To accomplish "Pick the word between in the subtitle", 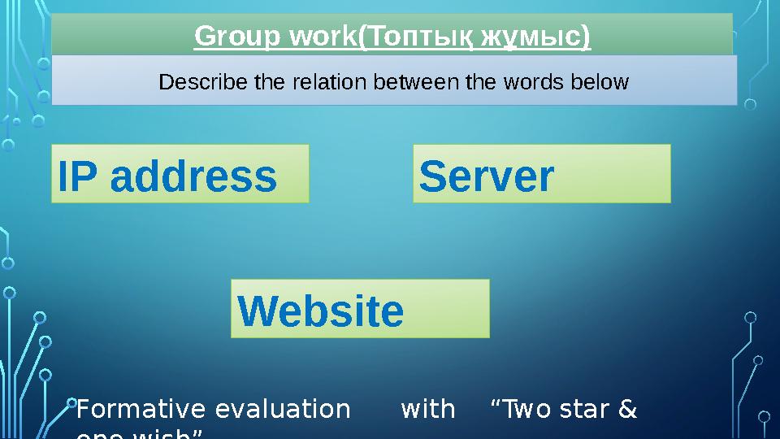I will click(x=395, y=82).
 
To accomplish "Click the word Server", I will click(x=486, y=176).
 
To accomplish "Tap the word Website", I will click(x=320, y=311).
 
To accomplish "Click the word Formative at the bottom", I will click(x=131, y=410).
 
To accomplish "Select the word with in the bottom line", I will click(x=428, y=410).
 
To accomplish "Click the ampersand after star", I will click(x=627, y=410).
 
